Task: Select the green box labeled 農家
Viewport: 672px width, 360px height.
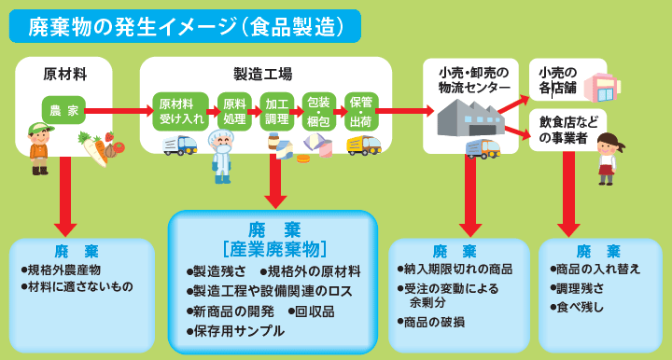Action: click(x=63, y=110)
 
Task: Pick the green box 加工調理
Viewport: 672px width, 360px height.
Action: click(x=277, y=111)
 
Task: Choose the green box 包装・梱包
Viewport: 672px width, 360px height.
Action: click(x=319, y=111)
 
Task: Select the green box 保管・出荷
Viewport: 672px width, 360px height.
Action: click(x=360, y=111)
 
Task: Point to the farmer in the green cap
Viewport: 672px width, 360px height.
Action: click(x=39, y=147)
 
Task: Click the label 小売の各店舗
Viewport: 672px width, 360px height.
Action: click(x=558, y=80)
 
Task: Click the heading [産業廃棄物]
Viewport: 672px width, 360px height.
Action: click(x=273, y=249)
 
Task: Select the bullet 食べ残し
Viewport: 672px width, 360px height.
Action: click(x=580, y=307)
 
